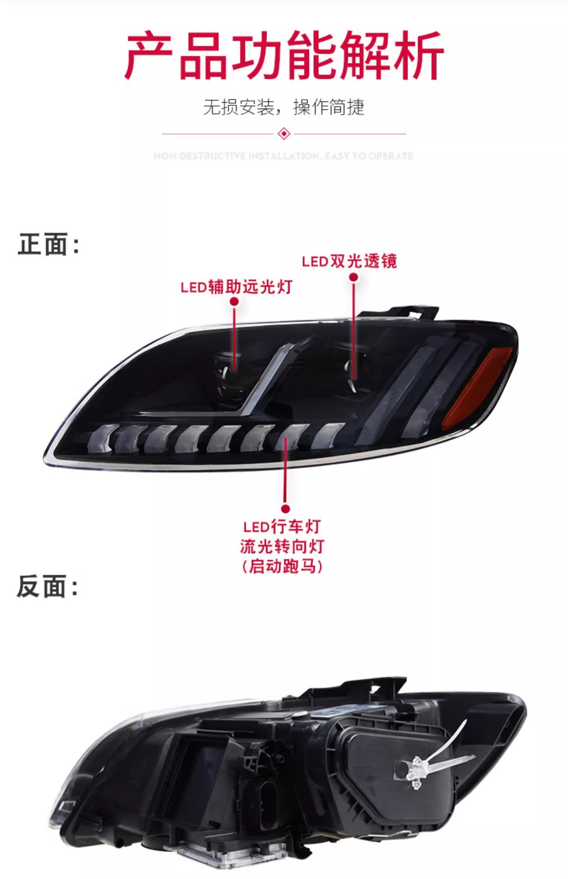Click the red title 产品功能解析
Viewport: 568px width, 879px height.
point(284,56)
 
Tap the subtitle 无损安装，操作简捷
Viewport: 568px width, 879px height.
point(284,107)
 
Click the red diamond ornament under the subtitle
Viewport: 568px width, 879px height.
point(284,134)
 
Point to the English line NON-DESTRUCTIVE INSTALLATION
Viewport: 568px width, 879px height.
point(284,156)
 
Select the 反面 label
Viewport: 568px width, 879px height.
point(47,586)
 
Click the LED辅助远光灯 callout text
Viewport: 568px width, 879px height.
point(236,287)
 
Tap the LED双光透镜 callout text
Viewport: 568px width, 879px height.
point(349,261)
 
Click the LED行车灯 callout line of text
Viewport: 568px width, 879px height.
point(282,526)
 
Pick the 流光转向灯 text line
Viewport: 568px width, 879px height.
point(282,546)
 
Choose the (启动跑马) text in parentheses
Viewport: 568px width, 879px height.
point(282,566)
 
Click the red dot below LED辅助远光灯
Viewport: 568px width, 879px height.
point(234,301)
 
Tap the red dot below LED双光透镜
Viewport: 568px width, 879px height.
point(353,277)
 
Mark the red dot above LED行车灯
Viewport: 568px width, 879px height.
point(285,509)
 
